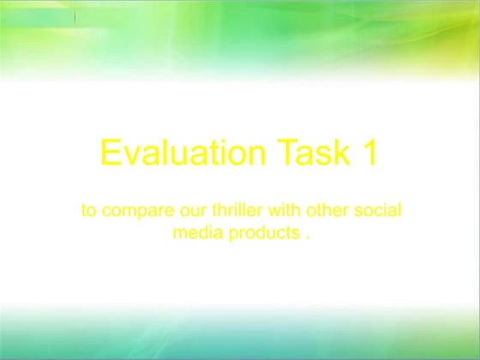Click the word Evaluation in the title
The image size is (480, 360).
182,153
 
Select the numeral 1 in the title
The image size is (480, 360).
369,153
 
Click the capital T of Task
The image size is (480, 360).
286,153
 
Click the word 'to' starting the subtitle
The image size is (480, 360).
88,210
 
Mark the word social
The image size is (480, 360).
378,210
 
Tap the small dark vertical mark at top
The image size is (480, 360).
75,16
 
